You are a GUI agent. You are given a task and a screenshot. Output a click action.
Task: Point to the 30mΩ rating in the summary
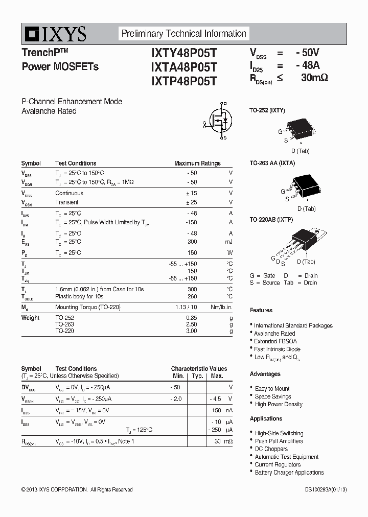[x=314, y=78]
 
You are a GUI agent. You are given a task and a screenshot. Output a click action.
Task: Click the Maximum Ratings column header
[x=197, y=163]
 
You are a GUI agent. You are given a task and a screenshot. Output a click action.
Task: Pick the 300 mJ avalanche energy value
[x=192, y=242]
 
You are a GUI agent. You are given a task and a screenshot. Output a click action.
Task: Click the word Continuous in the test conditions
[x=69, y=193]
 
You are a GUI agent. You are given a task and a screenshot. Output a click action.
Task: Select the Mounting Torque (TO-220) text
[x=88, y=307]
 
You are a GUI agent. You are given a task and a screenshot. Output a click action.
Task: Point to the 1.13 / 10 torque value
[x=186, y=307]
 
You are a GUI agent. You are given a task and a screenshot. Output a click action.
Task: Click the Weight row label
[x=30, y=318]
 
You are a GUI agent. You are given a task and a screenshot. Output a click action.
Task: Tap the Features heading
[x=261, y=310]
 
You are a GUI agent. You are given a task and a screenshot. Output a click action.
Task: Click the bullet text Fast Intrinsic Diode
[x=277, y=349]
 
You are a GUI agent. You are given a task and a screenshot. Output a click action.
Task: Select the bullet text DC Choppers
[x=271, y=449]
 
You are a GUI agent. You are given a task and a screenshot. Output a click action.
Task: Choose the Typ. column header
[x=197, y=376]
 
